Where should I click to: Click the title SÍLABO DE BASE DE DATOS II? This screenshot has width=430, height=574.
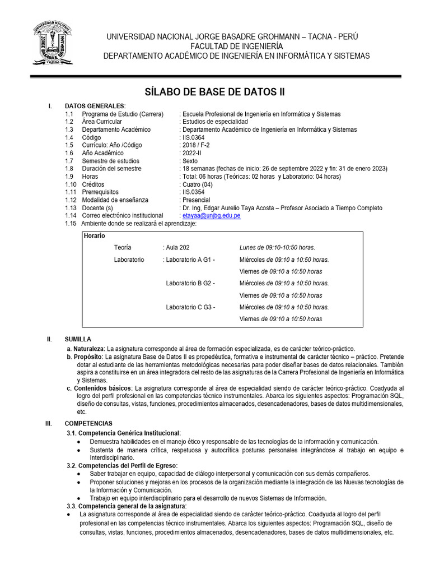point(215,92)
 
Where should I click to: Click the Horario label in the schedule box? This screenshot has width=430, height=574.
point(94,236)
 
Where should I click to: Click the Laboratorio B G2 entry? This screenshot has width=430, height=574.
point(190,283)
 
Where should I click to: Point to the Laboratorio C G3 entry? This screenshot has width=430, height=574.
point(190,307)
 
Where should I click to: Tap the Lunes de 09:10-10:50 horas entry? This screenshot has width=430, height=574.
point(277,247)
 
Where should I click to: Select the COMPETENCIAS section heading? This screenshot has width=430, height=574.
point(88,423)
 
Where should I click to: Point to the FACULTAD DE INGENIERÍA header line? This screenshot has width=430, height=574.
point(237,46)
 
